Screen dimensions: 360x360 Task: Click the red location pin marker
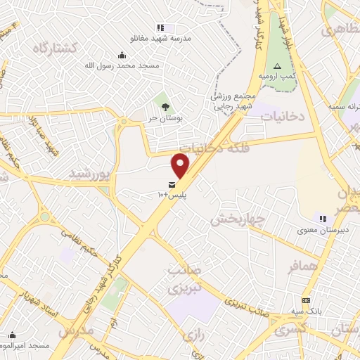coord(181,165)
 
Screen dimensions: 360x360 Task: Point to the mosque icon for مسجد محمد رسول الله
coord(123,56)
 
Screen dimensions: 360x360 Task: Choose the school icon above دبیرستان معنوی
coord(323,219)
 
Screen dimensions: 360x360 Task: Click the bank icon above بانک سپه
coord(306,300)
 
